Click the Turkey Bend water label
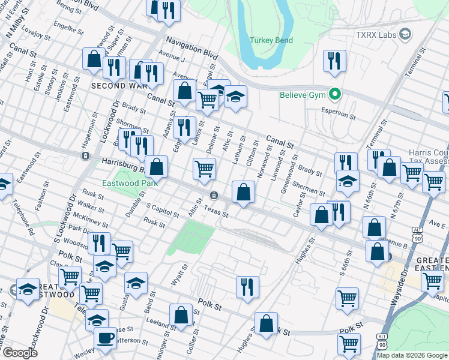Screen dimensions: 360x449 coord(272,40)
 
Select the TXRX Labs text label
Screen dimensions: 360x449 coord(376,35)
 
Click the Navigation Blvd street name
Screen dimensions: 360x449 coord(191,47)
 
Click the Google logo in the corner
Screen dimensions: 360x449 coord(20,353)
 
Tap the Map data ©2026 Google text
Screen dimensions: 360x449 coord(412,355)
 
